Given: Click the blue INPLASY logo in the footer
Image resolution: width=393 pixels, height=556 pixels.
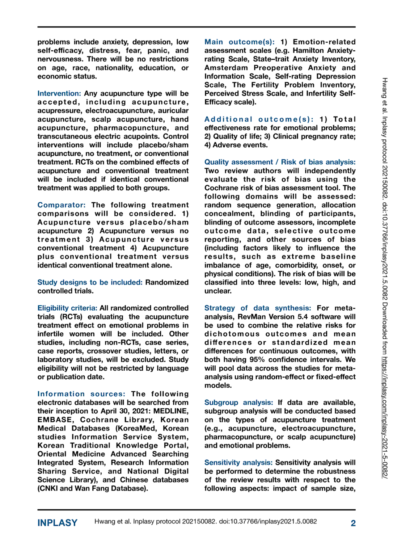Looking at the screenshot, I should [x=57, y=523].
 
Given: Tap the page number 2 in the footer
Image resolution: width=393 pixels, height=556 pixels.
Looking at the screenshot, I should [x=353, y=523].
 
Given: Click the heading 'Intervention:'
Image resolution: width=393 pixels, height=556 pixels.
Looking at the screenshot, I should [x=59, y=93].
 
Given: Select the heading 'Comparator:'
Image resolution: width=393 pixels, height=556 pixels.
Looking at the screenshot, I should [x=61, y=205].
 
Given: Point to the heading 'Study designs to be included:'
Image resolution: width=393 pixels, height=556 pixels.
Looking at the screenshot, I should [x=90, y=282].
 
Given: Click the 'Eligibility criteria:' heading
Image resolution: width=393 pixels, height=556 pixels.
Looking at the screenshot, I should [x=67, y=308].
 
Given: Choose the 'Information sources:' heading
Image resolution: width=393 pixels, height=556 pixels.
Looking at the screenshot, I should [x=81, y=394].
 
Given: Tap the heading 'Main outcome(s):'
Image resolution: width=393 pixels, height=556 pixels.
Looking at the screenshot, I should [x=239, y=42].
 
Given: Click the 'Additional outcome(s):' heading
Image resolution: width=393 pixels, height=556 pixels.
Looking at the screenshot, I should [x=259, y=119].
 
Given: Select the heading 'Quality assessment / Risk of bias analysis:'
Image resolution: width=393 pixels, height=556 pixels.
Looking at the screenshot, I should [x=280, y=162].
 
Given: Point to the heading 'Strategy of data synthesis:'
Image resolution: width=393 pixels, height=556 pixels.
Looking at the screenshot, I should [x=257, y=308].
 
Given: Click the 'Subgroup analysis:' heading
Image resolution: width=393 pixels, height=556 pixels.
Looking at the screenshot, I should [x=238, y=403].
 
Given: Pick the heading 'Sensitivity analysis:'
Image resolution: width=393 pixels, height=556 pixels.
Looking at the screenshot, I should [x=238, y=463].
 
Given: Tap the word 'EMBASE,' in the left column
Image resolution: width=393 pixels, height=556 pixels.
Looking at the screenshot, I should [x=55, y=420].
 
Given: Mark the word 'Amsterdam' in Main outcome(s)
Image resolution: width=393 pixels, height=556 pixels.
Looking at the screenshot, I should [x=226, y=68].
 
